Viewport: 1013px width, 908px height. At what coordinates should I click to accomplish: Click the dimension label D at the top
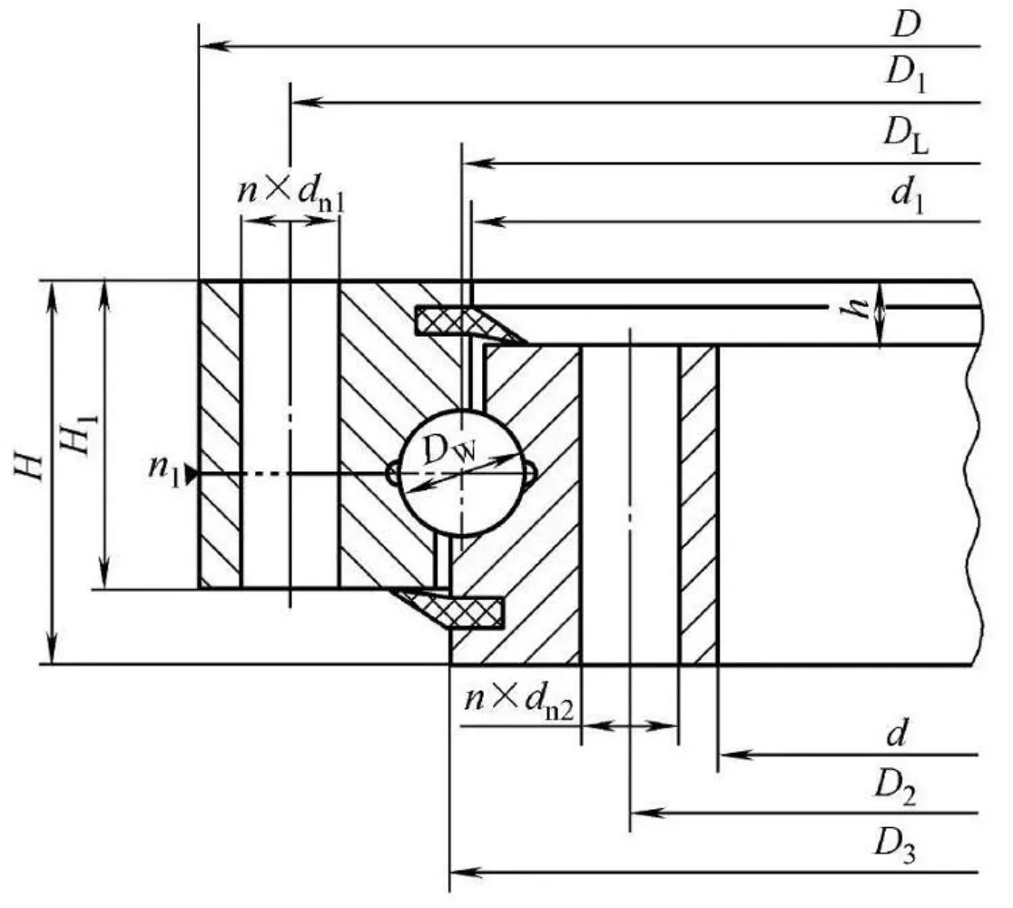(x=906, y=25)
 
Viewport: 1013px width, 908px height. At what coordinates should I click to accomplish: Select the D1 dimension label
(x=907, y=74)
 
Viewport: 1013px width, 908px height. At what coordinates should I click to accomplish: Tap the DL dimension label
(x=907, y=135)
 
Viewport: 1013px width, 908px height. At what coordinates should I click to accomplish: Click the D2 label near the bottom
(x=895, y=788)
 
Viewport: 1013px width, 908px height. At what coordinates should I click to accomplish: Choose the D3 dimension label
(x=895, y=846)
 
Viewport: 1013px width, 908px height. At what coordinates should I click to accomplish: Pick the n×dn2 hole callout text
(x=519, y=700)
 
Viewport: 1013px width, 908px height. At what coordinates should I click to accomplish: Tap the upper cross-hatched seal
(x=467, y=321)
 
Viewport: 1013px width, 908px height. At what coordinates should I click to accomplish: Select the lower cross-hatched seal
(x=449, y=607)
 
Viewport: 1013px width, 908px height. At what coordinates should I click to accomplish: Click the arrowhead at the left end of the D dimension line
(x=214, y=46)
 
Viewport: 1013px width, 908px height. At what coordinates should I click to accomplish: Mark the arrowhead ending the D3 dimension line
(x=465, y=873)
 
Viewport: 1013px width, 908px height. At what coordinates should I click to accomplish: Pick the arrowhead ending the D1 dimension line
(x=307, y=102)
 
